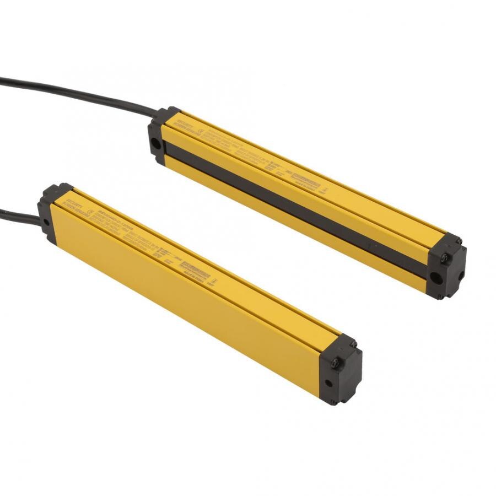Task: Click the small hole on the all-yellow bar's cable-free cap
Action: click(328, 382)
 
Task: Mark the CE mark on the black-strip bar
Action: click(201, 132)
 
